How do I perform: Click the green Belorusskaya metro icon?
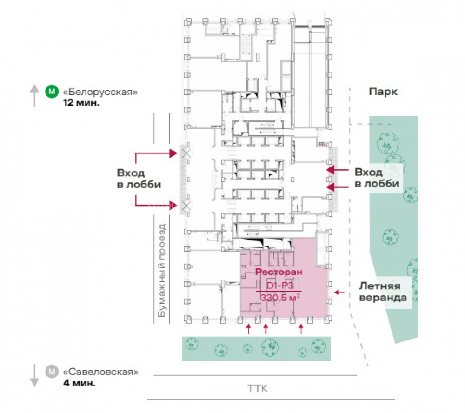click(x=52, y=91)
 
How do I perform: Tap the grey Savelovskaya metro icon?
click(x=52, y=372)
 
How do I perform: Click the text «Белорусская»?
click(x=100, y=92)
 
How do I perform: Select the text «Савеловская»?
click(x=101, y=372)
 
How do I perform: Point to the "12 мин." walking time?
click(x=81, y=103)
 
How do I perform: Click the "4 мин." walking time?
click(x=80, y=383)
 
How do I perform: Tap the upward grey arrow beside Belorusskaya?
click(x=34, y=95)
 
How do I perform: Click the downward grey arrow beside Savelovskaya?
click(x=34, y=375)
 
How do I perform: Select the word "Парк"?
click(x=383, y=92)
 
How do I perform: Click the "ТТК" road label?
click(x=258, y=388)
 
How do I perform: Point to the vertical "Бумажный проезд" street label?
click(x=162, y=270)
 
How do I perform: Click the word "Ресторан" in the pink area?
click(x=279, y=272)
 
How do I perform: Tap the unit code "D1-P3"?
click(x=280, y=286)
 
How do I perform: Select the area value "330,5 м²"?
click(x=279, y=297)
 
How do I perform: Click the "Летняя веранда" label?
click(x=383, y=292)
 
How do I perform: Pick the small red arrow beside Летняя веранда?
click(x=339, y=293)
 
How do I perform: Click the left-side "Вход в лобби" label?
click(x=139, y=178)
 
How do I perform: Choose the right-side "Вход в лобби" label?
click(x=377, y=178)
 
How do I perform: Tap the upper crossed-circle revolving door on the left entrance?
click(x=186, y=153)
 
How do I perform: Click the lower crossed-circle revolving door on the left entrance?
click(x=186, y=205)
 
